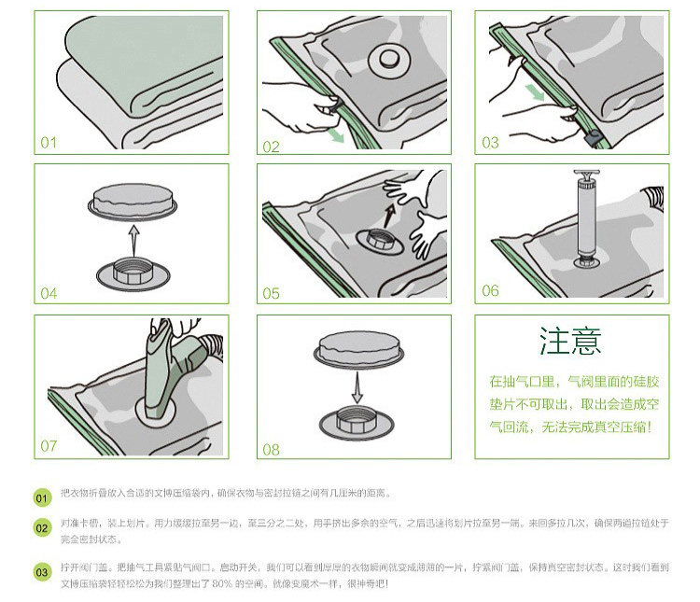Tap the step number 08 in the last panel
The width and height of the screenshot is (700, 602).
(x=271, y=449)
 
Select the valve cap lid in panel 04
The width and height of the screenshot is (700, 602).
(x=131, y=200)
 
